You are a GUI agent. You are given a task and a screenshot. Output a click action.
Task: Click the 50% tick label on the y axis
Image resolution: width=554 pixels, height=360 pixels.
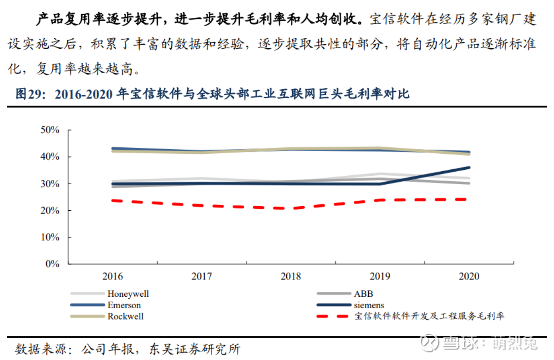click(50, 130)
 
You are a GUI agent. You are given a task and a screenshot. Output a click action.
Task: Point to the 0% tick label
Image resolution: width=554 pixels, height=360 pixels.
click(53, 264)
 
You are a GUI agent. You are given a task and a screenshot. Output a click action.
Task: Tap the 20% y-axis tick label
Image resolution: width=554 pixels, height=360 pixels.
click(50, 211)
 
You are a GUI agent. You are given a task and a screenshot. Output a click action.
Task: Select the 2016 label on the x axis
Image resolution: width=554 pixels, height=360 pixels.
click(112, 277)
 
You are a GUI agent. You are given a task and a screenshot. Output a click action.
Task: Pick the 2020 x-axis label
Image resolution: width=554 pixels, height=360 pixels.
click(469, 277)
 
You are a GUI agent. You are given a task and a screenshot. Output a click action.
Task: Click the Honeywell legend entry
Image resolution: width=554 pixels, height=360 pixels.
click(128, 294)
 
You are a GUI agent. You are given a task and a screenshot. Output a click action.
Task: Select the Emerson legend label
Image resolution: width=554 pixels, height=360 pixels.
click(124, 305)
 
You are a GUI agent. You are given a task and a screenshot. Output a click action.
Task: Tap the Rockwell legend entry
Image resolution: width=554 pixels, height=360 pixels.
click(126, 316)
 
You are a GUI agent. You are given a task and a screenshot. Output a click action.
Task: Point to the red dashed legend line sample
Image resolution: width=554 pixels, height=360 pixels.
click(332, 316)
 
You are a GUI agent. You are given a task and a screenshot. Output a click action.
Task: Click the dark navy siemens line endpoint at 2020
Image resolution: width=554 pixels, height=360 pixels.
click(469, 167)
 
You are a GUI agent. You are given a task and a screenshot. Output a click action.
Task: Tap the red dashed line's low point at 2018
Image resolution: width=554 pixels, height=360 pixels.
click(291, 208)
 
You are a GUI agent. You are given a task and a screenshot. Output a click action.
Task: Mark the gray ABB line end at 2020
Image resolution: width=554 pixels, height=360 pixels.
click(469, 183)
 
